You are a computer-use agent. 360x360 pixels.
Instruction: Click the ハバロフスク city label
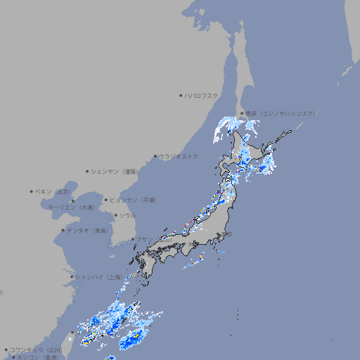click(201, 95)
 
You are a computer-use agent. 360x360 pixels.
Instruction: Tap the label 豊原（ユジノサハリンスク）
click(280, 113)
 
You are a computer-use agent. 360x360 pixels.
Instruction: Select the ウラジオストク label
click(178, 156)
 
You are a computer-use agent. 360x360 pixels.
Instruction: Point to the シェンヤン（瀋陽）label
click(114, 171)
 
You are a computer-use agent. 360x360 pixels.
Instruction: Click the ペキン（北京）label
click(53, 191)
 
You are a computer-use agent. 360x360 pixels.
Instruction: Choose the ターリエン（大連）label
click(71, 208)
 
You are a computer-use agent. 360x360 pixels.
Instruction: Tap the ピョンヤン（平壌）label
click(133, 200)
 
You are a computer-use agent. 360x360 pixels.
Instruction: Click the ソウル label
click(127, 215)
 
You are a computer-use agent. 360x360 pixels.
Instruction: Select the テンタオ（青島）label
click(88, 230)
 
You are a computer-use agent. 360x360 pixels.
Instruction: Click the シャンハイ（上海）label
click(98, 277)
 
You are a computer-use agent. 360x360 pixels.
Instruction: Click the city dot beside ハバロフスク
click(181, 95)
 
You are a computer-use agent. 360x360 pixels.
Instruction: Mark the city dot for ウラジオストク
click(155, 156)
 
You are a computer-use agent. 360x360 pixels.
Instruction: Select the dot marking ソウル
click(115, 215)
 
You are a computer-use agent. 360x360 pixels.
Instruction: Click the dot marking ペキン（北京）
click(32, 191)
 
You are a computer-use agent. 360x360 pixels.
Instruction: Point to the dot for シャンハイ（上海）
click(72, 277)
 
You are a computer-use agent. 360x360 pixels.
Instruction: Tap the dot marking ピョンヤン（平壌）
click(106, 200)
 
